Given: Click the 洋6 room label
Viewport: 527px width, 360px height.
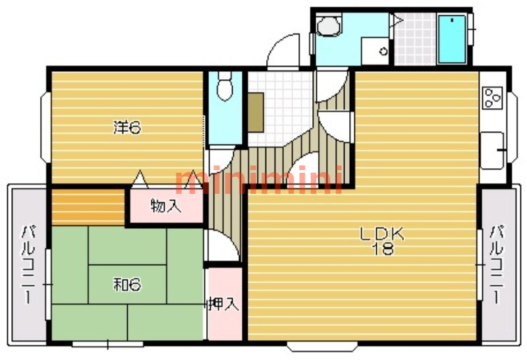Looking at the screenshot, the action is point(127,127).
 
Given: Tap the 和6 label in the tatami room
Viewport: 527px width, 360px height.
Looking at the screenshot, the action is point(127,285).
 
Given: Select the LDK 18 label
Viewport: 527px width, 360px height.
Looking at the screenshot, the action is point(382,241).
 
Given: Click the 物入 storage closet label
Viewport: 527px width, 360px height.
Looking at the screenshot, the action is point(166,206).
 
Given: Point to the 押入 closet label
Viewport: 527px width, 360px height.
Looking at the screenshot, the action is point(223,304).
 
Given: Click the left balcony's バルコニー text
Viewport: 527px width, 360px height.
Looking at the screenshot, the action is point(28,265).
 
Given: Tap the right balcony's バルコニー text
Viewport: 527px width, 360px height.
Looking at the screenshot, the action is point(497,265).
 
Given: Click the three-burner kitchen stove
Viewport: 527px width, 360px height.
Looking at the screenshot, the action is point(492,98).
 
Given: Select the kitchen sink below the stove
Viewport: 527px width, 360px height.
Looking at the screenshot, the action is point(491,150).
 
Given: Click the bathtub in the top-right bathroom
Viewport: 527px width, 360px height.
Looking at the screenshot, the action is point(453,39).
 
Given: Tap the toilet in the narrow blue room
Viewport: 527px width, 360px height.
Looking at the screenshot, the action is point(225,86).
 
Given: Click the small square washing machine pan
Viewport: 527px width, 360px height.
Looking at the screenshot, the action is point(375,51).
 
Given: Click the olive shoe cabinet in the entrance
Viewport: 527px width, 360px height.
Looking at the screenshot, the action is point(256,112).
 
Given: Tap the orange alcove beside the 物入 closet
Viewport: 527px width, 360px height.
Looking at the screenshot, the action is point(88,207).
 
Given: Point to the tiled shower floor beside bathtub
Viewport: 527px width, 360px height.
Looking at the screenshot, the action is point(415,39).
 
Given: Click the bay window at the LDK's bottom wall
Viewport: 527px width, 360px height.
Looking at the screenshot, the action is point(322,346).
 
